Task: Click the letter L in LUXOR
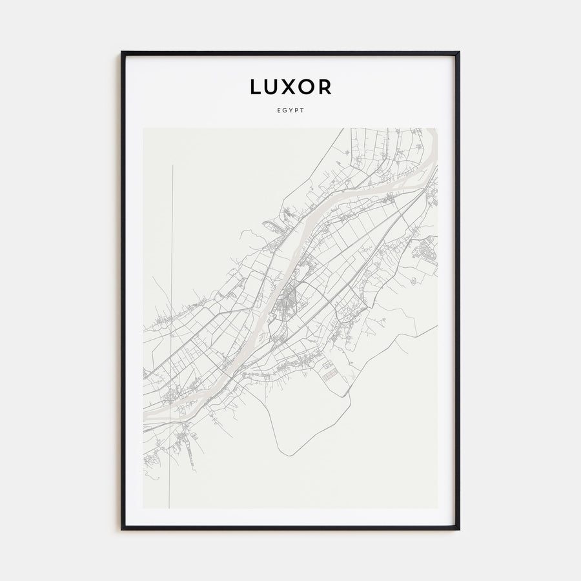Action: tap(257, 87)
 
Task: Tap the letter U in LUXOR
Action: tap(273, 87)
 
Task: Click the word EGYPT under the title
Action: tap(290, 110)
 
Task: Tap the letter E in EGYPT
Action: tap(278, 110)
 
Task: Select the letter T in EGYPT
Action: tap(302, 110)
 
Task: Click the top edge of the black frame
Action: tap(290, 53)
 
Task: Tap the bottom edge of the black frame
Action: tap(290, 528)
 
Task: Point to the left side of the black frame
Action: tap(123, 290)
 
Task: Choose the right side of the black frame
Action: tap(458, 290)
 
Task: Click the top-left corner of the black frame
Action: tap(123, 53)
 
